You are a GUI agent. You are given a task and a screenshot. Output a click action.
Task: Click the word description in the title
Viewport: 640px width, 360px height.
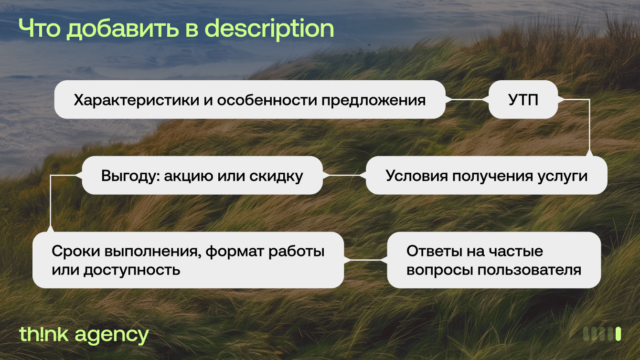tap(269, 29)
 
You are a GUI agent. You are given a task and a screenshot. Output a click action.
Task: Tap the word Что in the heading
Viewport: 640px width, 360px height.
tap(40, 28)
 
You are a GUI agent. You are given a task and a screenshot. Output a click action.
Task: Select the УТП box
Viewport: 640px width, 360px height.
tap(523, 99)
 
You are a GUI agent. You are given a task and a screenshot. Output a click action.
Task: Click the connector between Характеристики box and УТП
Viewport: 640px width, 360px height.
tap(467, 99)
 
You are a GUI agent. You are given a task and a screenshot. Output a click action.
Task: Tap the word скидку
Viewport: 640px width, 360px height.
tap(276, 176)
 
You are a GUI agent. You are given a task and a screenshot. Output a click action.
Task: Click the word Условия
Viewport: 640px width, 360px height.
tap(416, 176)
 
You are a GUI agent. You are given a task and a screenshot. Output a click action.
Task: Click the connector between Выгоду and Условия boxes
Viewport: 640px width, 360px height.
tap(344, 175)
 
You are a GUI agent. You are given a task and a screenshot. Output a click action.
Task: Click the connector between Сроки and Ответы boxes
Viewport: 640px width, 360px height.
tap(365, 260)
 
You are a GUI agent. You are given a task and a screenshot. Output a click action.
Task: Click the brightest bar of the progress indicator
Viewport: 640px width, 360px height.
tap(618, 334)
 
